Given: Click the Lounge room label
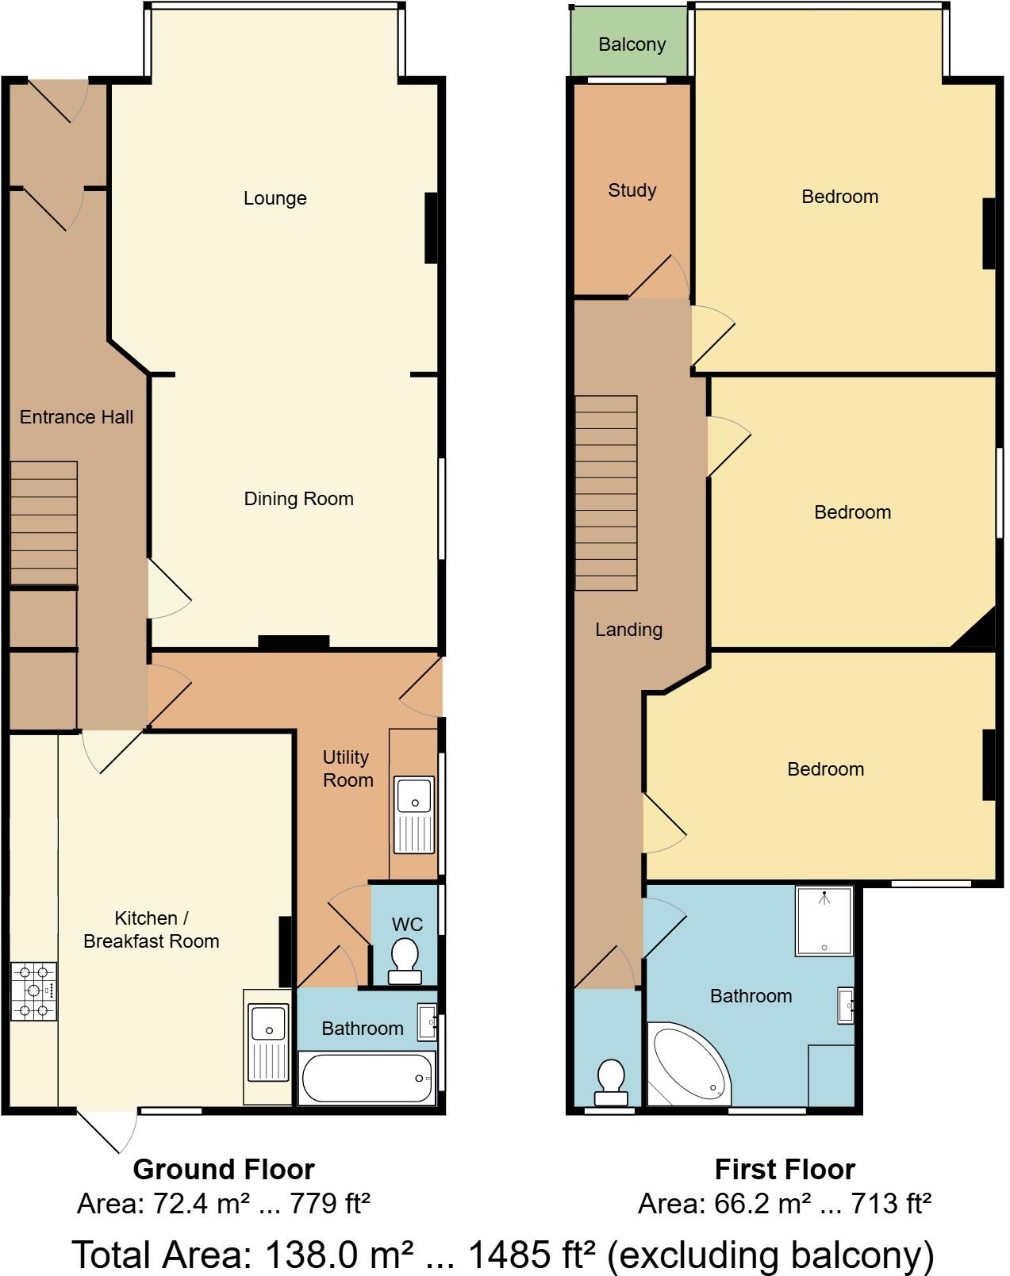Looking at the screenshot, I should (275, 198).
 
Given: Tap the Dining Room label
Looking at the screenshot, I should (298, 499).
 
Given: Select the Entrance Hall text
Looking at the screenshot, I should (76, 417).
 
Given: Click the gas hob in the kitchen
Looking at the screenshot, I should (33, 991).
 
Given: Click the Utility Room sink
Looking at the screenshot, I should (414, 814).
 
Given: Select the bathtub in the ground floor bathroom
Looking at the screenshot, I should (367, 1078).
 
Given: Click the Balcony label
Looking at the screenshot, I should (632, 44).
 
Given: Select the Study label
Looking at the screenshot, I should (632, 190).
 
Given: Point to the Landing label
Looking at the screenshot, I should (628, 630).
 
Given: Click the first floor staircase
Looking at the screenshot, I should (606, 492).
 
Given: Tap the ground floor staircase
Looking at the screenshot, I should (44, 523).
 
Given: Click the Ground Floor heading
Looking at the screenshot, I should (224, 1169).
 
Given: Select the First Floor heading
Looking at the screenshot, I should (785, 1169).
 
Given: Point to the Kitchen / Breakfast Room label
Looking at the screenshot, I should (151, 929).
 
